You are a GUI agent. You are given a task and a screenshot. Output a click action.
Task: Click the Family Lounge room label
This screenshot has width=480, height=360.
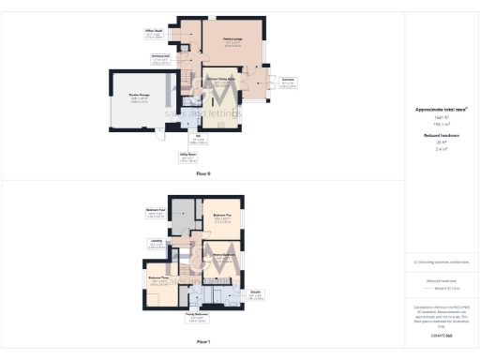point(233,40)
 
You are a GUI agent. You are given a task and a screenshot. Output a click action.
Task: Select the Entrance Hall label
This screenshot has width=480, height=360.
point(159,56)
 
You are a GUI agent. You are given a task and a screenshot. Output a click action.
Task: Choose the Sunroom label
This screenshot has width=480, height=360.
point(290,80)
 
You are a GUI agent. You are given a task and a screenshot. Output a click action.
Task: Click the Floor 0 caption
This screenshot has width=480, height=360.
point(203,173)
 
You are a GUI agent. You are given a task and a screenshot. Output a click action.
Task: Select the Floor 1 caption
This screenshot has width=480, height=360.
point(203,342)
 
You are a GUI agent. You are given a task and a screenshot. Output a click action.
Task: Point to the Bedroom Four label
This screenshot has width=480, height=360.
point(156,209)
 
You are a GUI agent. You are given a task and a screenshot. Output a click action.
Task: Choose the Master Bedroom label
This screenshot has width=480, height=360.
point(223,254)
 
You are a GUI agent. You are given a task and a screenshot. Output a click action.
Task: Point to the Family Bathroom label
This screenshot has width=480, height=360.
point(196,314)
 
